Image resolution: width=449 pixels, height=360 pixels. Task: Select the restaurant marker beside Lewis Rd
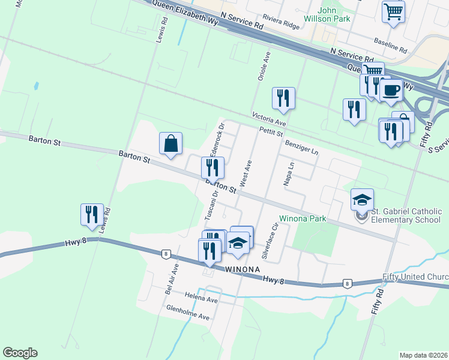pyautogui.click(x=92, y=215)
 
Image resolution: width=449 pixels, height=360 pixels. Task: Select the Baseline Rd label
pyautogui.click(x=390, y=43)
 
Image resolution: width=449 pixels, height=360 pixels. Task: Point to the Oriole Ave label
pyautogui.click(x=261, y=65)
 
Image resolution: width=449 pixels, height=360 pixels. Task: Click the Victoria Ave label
pyautogui.click(x=269, y=118)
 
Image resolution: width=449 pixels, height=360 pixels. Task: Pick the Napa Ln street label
pyautogui.click(x=289, y=173)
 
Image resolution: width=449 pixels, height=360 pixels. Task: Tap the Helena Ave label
pyautogui.click(x=200, y=297)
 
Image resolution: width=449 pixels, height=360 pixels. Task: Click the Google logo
pyautogui.click(x=20, y=353)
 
